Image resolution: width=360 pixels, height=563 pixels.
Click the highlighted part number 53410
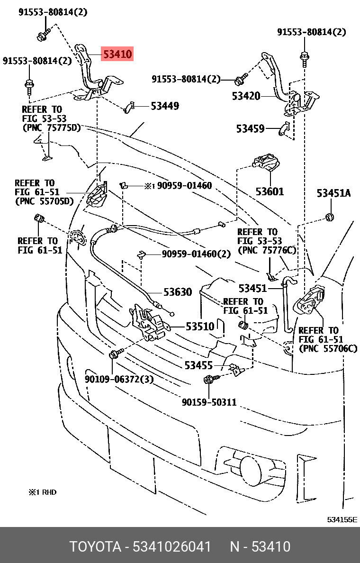coord(117,54)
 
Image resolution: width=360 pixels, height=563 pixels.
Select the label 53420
coord(246,96)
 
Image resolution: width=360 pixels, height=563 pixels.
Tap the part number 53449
coord(165,106)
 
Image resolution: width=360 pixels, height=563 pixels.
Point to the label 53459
coord(250,128)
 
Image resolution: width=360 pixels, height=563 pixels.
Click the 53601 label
coord(270,191)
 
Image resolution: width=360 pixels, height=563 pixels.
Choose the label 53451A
coord(333,193)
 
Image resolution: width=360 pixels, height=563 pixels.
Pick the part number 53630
coord(178,292)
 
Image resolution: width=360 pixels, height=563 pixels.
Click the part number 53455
coord(198,365)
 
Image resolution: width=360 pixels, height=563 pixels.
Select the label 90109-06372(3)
coord(119,379)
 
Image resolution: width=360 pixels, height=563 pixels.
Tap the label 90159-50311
coord(209,402)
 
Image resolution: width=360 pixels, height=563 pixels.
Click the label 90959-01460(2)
coord(196,254)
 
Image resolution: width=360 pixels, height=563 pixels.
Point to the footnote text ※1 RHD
coord(42,492)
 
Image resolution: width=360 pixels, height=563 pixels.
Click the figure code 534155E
coord(342,519)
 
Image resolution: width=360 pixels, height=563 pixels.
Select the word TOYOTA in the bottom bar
coord(95,546)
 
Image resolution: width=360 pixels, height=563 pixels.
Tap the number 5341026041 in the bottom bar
coord(172,546)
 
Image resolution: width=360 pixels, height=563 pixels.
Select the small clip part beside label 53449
coord(129,108)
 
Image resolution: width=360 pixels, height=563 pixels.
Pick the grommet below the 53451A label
coord(330,217)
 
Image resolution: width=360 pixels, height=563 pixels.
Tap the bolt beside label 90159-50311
coord(211,379)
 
